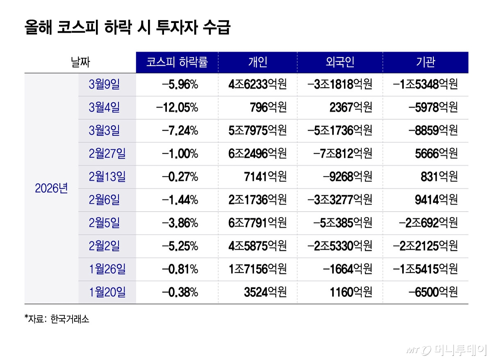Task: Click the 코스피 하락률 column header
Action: (177, 62)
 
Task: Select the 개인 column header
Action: (257, 62)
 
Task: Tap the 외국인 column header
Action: (340, 62)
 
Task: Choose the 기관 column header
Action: (425, 62)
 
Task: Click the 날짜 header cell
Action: (80, 62)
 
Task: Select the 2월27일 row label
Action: (107, 154)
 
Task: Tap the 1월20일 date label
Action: (107, 292)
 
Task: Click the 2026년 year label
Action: (51, 189)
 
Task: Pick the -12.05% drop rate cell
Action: (177, 107)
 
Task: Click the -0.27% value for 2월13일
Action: (180, 177)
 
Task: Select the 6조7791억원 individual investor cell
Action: (257, 223)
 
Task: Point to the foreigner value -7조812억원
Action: (343, 154)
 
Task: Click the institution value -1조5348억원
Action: (425, 84)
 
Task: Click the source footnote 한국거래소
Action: (70, 319)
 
